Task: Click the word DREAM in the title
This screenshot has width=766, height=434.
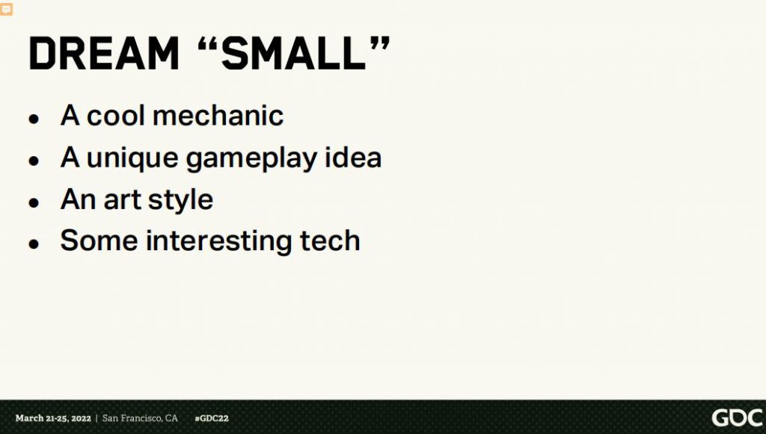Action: (104, 53)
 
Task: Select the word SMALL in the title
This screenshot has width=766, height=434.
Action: (293, 53)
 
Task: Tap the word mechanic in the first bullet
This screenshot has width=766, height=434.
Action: (218, 116)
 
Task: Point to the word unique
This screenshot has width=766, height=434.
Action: (132, 159)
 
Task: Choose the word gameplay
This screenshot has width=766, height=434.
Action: (252, 159)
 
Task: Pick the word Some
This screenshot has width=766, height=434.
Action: (99, 241)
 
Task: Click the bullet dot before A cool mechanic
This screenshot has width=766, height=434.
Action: (34, 119)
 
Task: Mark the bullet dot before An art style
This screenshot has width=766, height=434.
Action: (34, 202)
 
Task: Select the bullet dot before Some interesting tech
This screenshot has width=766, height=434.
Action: (34, 244)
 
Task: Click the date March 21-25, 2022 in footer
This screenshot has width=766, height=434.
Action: (53, 418)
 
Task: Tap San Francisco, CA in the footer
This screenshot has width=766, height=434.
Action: (140, 418)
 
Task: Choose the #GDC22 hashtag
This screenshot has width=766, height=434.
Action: (212, 418)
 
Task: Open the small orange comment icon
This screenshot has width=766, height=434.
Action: (6, 9)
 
